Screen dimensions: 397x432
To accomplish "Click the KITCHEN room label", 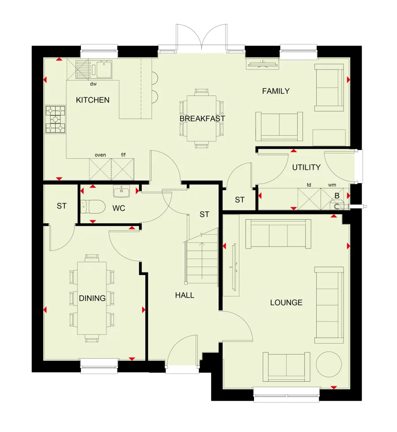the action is [x=92, y=100].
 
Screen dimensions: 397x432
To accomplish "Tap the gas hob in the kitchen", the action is [x=56, y=119].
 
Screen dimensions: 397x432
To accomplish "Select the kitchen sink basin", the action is [x=104, y=69].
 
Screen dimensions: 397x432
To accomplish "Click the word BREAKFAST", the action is [x=202, y=119].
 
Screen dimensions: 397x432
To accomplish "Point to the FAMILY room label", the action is [x=276, y=91].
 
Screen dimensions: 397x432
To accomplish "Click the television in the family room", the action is [x=263, y=65].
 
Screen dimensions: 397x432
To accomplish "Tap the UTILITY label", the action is [x=306, y=167].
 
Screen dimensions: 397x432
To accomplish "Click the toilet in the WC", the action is [x=93, y=206].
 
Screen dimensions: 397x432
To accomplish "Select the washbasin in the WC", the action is [x=121, y=191].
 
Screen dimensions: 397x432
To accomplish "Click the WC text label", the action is [x=119, y=208].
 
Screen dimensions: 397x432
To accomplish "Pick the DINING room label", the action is [x=92, y=298].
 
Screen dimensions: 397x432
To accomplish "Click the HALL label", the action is [x=185, y=295].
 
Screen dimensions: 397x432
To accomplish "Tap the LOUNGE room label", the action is [x=286, y=302].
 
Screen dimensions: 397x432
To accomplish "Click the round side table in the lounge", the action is [x=329, y=364].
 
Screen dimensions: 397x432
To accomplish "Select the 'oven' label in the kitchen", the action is [x=100, y=155].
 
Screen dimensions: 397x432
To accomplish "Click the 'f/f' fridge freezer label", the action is [x=123, y=155].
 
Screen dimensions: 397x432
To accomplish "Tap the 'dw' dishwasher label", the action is [x=93, y=84].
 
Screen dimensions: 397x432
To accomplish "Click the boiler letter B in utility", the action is [x=337, y=195].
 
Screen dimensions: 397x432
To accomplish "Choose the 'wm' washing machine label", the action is [x=332, y=185].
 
